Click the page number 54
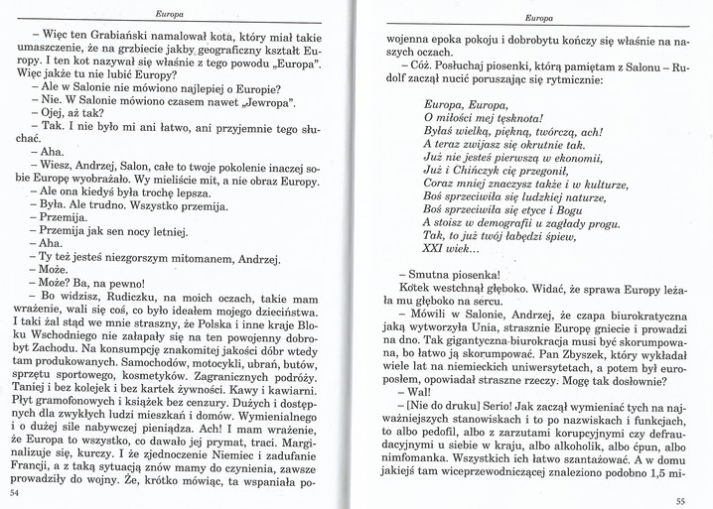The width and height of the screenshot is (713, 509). pyautogui.click(x=14, y=492)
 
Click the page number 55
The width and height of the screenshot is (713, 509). pyautogui.click(x=680, y=501)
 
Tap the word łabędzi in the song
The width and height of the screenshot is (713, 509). pyautogui.click(x=513, y=237)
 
